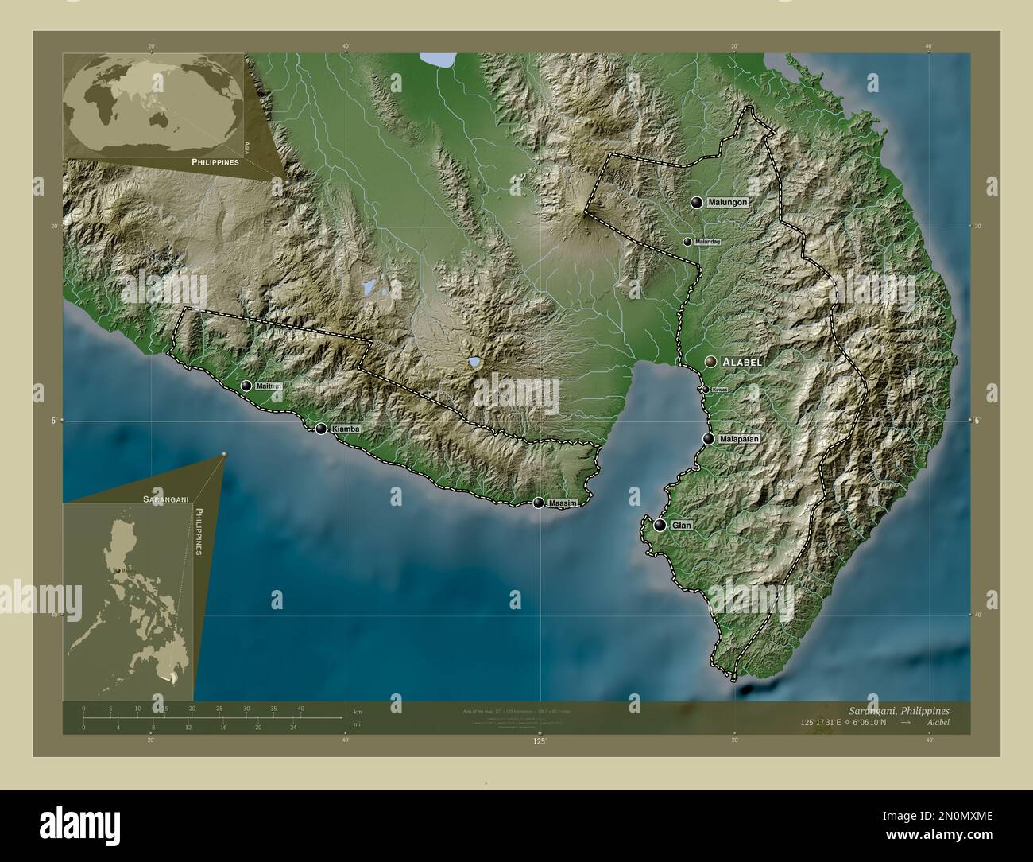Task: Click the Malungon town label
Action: pos(729,203)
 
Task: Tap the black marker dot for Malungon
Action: pos(697,203)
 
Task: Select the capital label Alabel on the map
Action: pos(742,362)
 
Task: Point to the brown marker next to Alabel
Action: pos(710,362)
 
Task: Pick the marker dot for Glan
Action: pos(660,525)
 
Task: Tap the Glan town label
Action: pos(682,526)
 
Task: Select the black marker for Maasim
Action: pos(540,503)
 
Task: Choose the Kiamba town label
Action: pos(346,429)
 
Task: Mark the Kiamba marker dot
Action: pos(321,429)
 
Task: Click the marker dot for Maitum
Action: pos(246,386)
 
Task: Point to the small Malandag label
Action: pos(706,242)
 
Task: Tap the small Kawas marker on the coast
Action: pos(706,390)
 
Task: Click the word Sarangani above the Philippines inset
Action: pos(164,498)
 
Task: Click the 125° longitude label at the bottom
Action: pos(540,741)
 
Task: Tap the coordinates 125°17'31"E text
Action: pos(826,722)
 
